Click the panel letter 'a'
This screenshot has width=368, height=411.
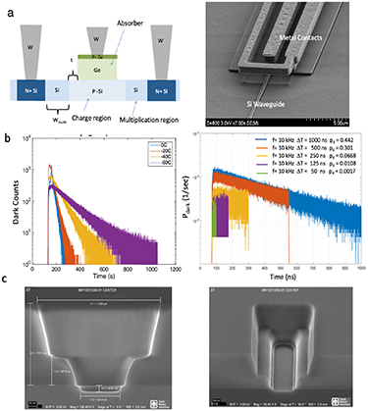pyautogui.click(x=8, y=7)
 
